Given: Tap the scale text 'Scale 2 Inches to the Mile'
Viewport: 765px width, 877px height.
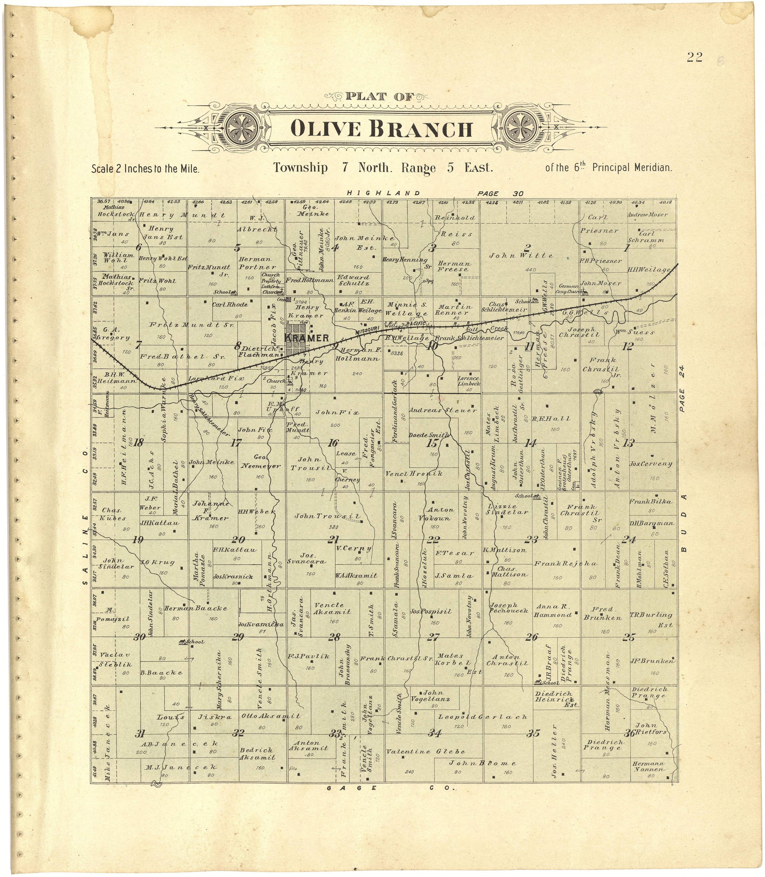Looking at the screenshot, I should coord(146,168).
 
